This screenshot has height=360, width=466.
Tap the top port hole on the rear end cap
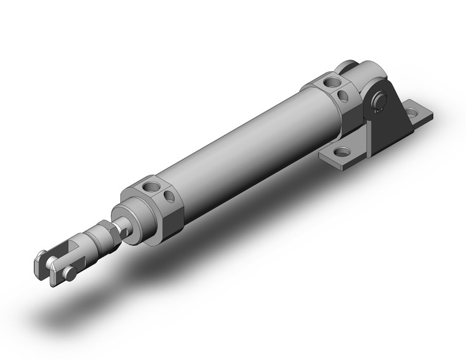pos(332,82)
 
